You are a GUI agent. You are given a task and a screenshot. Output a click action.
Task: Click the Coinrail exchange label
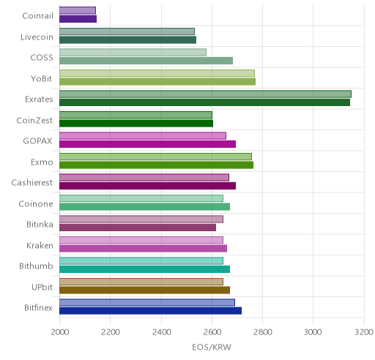coord(37,16)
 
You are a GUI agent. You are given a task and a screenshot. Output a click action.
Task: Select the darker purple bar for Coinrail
coord(78,19)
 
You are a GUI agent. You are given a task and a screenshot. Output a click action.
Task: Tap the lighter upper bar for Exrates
coord(205,94)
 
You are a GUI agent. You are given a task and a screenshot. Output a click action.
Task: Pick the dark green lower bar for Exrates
coord(204,102)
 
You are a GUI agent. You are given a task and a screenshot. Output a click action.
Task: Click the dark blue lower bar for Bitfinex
coord(150,311)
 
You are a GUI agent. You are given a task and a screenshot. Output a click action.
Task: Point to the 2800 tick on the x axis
coord(263,332)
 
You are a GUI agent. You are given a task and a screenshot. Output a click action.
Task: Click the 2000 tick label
coord(60,332)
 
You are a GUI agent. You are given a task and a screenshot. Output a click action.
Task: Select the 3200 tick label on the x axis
coord(364,332)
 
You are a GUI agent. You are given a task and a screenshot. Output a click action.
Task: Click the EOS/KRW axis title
coord(212,347)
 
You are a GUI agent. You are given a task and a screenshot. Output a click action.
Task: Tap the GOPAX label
coord(37,141)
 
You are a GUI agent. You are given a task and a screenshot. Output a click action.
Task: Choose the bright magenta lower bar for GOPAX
coord(147,144)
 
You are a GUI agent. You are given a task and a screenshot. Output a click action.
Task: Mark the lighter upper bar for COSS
coord(133,53)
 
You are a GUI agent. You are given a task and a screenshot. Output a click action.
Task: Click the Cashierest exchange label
coord(32,183)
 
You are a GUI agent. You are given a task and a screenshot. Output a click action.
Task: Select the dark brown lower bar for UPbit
coord(144,290)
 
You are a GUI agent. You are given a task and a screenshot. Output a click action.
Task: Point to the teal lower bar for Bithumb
coord(144,269)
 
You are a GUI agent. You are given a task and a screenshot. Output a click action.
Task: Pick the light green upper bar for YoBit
coord(157,73)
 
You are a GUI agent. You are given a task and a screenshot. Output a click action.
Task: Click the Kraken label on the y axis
coord(40,245)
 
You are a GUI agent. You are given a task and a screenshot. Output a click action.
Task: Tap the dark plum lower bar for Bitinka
coord(138,228)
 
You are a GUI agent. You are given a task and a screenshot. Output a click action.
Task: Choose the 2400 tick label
coord(161,332)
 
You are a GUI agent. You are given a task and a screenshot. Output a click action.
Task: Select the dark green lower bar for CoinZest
coord(136,124)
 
